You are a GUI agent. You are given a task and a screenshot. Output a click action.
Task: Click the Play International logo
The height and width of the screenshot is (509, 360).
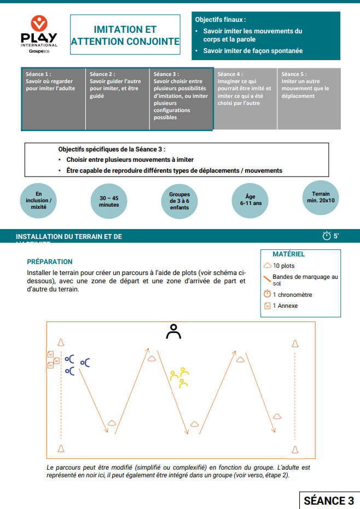pyautogui.click(x=39, y=35)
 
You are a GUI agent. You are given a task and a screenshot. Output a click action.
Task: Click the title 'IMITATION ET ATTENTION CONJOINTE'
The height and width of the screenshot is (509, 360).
pyautogui.click(x=125, y=35)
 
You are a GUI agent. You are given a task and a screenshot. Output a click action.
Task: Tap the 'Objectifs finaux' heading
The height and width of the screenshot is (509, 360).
pyautogui.click(x=217, y=19)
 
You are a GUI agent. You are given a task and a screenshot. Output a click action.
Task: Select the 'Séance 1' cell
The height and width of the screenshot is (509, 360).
pyautogui.click(x=54, y=99)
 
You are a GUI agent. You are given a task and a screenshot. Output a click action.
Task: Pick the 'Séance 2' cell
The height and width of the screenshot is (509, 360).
pyautogui.click(x=117, y=99)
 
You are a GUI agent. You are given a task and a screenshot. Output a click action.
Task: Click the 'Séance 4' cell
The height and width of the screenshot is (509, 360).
pyautogui.click(x=245, y=99)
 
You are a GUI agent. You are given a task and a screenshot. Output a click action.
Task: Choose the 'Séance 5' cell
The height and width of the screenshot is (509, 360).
pyautogui.click(x=309, y=99)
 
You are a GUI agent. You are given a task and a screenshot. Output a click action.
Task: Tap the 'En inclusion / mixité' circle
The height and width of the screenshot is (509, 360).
pyautogui.click(x=39, y=201)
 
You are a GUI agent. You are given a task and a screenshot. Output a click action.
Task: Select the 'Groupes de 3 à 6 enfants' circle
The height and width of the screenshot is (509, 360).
pyautogui.click(x=179, y=201)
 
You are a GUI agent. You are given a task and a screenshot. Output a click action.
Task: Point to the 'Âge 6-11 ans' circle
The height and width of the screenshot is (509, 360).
pyautogui.click(x=250, y=200)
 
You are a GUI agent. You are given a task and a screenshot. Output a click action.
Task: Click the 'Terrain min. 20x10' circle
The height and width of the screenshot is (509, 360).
pyautogui.click(x=321, y=197)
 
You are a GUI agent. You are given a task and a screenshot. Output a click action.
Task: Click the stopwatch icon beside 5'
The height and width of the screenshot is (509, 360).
pyautogui.click(x=327, y=236)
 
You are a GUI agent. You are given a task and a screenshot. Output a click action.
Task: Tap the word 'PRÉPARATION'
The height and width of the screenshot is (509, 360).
pyautogui.click(x=50, y=262)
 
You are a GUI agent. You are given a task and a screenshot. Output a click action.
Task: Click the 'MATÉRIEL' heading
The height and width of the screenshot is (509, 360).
pyautogui.click(x=288, y=254)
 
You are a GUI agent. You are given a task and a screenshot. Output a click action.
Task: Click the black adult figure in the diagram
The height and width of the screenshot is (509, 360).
pyautogui.click(x=174, y=331)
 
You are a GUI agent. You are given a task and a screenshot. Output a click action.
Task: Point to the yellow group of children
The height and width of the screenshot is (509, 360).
pyautogui.click(x=180, y=377)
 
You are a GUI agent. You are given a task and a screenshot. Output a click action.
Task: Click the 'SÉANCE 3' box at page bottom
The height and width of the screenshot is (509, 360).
pyautogui.click(x=328, y=501)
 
